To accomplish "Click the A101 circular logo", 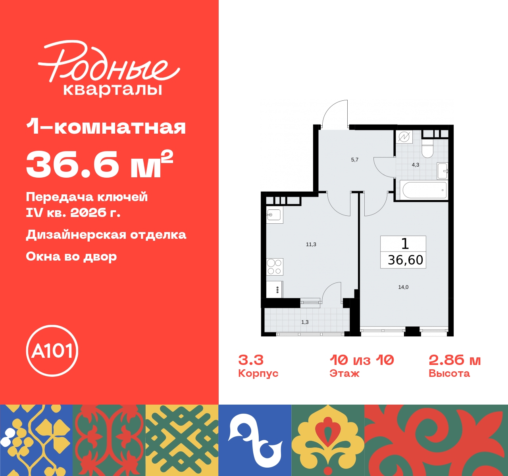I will pos(52,351).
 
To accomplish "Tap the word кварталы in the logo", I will pos(113,89).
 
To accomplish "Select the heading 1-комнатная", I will pos(106,127).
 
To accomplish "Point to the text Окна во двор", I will pos(71,257).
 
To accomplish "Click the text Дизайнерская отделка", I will pos(106,234).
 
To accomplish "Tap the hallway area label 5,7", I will pos(354,160).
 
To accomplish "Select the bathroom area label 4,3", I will pos(415,165).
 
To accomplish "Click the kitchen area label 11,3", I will pos(311,244).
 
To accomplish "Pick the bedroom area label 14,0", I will pos(403,287).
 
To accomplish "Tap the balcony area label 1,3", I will pos(305,322).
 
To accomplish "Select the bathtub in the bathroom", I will pos(424,190).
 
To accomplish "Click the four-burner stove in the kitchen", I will pos(274,267).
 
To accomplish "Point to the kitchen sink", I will pos(274,215).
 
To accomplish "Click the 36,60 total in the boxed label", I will pos(405,260).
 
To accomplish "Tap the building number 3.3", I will pos(251,360).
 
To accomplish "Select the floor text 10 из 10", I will pos(362,360).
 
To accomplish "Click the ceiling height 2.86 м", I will pos(454,360).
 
